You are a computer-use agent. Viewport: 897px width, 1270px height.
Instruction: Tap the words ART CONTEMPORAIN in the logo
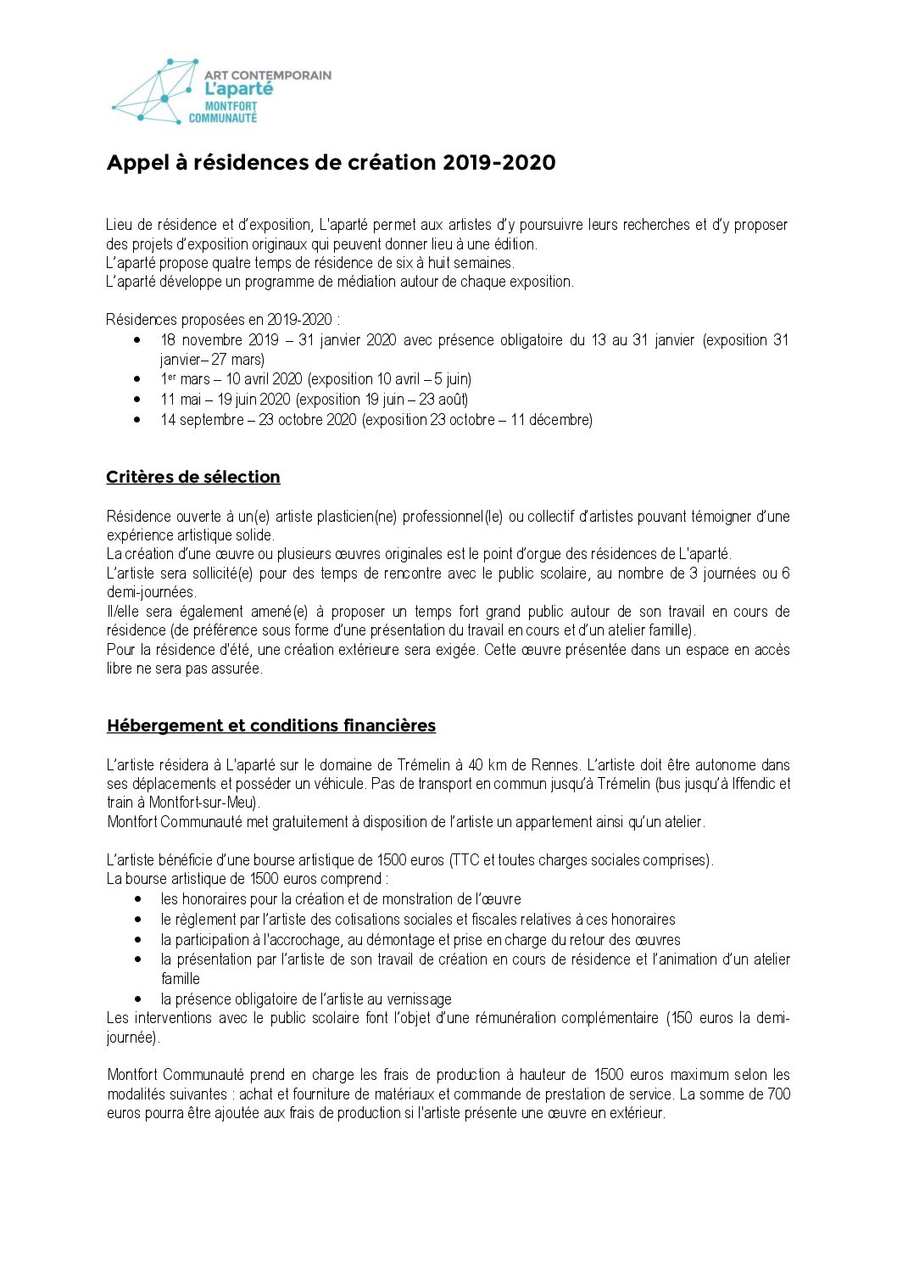tap(268, 75)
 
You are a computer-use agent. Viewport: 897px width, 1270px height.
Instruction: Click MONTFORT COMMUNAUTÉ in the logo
tap(223, 113)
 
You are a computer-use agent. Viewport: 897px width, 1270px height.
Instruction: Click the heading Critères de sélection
tap(193, 478)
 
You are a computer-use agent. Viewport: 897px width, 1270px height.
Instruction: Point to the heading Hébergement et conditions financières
tap(271, 726)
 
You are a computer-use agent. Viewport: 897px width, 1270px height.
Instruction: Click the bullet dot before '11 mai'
tap(137, 399)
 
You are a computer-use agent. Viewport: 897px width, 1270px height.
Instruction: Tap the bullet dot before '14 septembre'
tap(137, 419)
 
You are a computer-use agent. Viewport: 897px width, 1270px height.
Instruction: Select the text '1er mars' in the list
tap(185, 379)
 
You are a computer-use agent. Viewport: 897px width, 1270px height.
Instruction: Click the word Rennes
tap(556, 765)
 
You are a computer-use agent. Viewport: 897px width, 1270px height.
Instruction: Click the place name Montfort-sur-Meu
tap(203, 803)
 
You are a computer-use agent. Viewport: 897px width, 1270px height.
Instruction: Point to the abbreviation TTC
tap(465, 860)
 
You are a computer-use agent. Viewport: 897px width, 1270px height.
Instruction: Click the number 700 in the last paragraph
tap(778, 1094)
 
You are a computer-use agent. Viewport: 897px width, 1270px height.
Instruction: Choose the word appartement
tap(554, 822)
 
